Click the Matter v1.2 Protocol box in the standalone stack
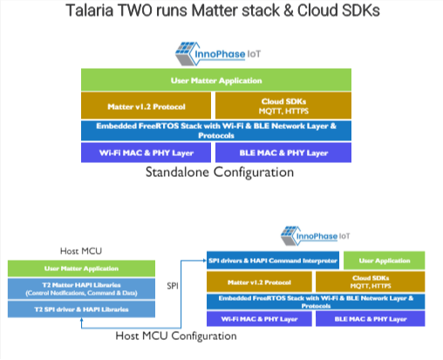(x=145, y=105)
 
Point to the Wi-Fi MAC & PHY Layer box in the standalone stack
(x=145, y=153)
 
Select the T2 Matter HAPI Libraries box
(x=80, y=289)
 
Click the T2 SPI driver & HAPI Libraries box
(x=80, y=309)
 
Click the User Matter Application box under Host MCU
(x=80, y=268)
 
